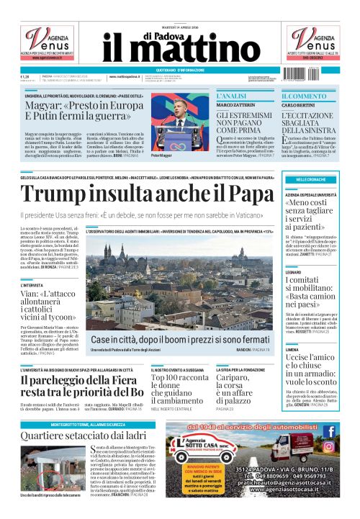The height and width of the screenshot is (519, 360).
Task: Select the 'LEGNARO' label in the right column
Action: click(x=293, y=273)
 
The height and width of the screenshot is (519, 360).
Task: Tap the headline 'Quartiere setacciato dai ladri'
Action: click(x=73, y=436)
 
